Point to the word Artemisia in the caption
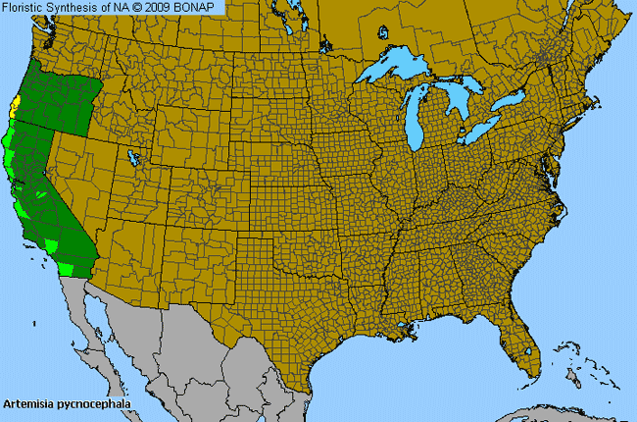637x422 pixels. (28, 403)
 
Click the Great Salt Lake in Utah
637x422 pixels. (133, 156)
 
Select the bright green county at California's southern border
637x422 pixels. (68, 266)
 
